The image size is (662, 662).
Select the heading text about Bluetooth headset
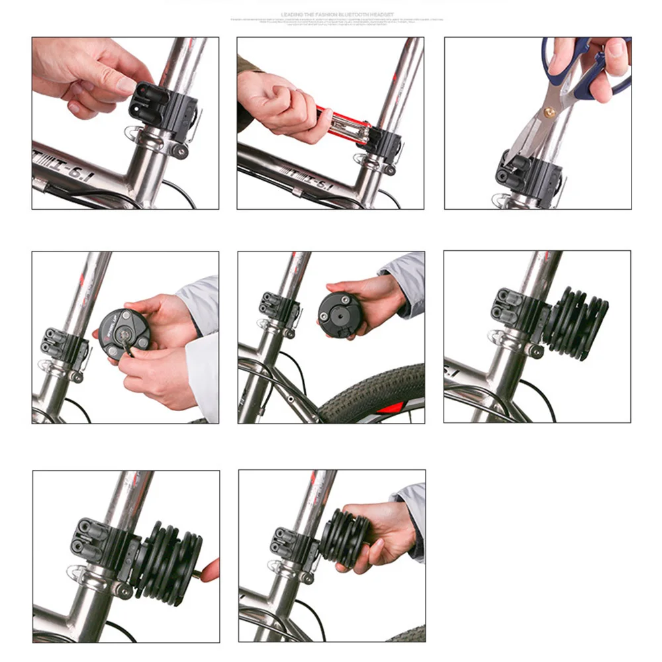click(338, 14)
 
